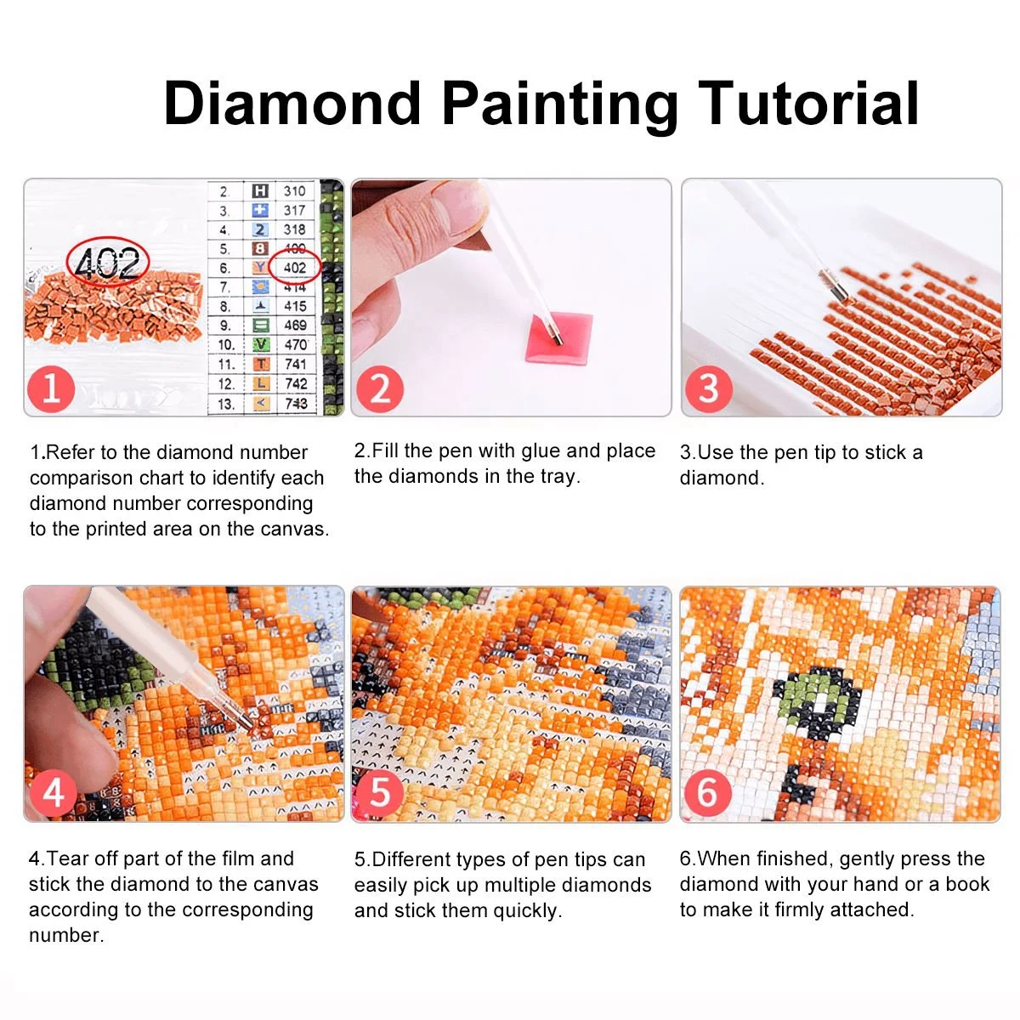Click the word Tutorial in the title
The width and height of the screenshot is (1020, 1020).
808,103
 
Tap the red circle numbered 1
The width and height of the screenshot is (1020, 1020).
51,388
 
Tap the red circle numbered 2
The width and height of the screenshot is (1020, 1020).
379,388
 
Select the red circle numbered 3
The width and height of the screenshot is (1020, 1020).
708,388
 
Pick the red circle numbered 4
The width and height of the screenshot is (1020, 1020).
53,793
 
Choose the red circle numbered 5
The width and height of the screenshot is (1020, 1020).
379,793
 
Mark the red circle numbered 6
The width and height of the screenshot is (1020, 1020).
707,793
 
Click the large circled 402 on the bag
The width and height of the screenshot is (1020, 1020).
107,263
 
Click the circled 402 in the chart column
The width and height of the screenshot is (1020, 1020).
294,268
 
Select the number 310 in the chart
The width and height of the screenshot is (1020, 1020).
294,191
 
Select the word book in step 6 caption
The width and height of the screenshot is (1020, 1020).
967,884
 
